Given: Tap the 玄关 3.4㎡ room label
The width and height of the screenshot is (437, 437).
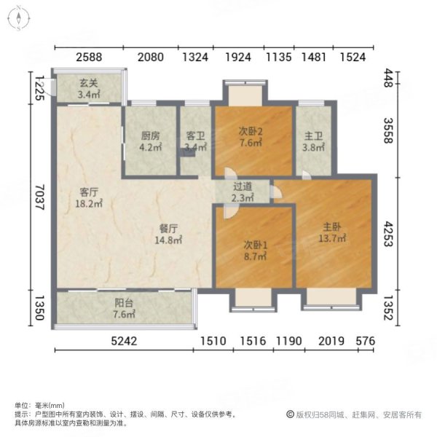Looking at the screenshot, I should click(89, 90).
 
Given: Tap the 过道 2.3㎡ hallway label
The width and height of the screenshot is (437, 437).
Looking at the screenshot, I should click(243, 192).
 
